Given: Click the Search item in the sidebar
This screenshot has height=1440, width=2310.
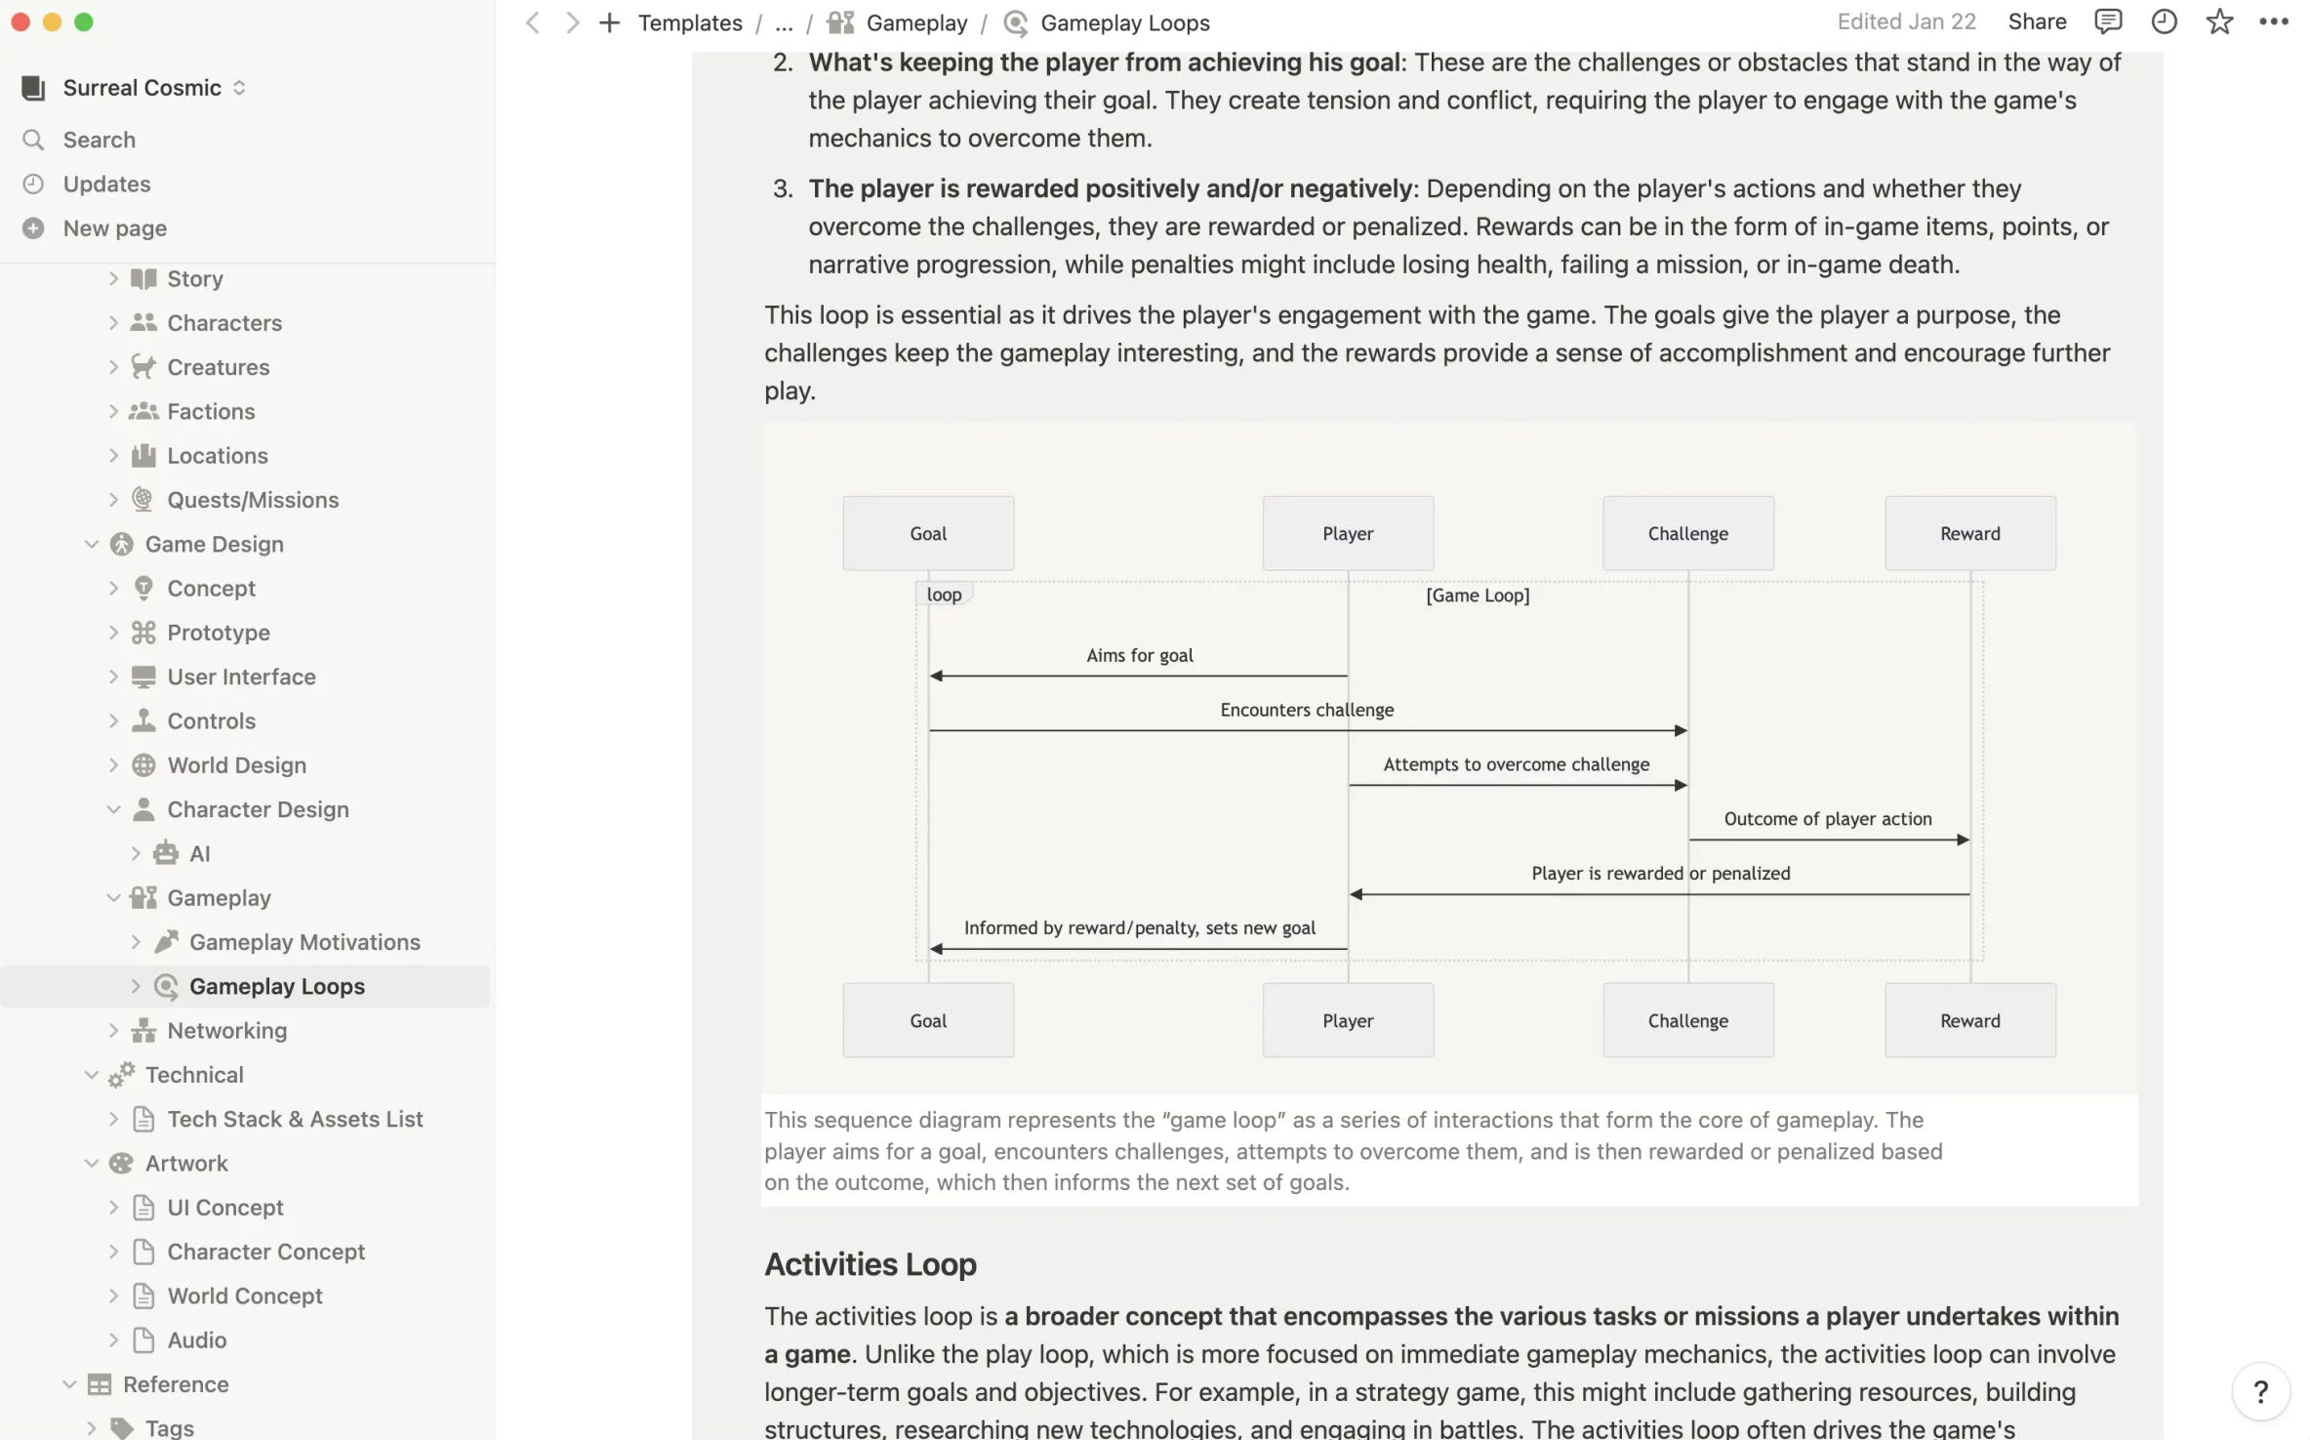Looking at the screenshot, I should (x=99, y=140).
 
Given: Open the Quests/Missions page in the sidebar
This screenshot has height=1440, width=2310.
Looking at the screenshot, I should (x=253, y=500).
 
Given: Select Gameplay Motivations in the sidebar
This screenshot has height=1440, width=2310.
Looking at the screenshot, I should (x=304, y=942).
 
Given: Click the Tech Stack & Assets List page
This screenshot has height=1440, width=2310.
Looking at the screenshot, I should (x=295, y=1119).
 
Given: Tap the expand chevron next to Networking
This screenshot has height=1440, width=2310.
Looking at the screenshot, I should (x=113, y=1031).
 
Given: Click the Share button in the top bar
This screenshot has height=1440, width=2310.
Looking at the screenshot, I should (x=2037, y=21).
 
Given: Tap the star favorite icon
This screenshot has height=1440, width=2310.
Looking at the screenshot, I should (x=2219, y=21).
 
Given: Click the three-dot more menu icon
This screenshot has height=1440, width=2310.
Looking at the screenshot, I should (x=2273, y=21).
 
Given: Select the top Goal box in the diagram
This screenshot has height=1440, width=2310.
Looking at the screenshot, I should (x=928, y=533).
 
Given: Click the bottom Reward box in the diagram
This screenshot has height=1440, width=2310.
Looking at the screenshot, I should (x=1969, y=1020).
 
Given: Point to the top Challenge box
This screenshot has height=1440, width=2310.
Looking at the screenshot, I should (x=1687, y=533).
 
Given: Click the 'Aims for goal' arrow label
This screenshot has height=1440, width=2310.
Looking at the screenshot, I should (x=1139, y=655).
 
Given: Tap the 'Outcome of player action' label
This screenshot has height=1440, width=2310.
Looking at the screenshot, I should (x=1827, y=818).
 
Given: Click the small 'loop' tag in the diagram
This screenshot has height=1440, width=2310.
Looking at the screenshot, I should (x=944, y=595).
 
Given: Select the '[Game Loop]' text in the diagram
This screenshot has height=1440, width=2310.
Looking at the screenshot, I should (x=1477, y=596).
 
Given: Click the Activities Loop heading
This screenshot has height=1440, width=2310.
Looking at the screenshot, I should (x=870, y=1264).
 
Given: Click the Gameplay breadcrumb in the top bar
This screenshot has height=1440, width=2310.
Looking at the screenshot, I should (x=915, y=22).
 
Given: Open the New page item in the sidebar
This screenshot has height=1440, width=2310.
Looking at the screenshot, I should (x=114, y=228).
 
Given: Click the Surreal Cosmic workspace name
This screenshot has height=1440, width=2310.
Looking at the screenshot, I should (x=142, y=88).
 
